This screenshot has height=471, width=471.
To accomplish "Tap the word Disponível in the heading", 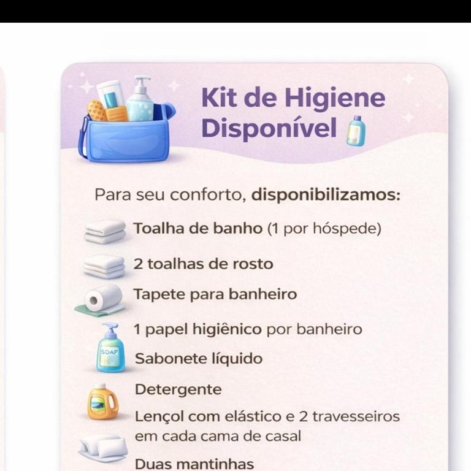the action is [269, 128].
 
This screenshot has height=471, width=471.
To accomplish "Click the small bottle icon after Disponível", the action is [356, 131].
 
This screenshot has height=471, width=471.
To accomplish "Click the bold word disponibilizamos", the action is [326, 195].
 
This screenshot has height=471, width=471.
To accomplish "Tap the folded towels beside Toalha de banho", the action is [105, 231].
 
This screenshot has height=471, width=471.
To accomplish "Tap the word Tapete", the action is [159, 294].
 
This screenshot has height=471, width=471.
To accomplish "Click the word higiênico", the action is [227, 329].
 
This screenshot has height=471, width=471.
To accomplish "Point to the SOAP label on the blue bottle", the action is [109, 352].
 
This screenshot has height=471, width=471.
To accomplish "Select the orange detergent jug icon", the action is [102, 401].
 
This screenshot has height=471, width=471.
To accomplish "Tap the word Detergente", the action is [178, 390].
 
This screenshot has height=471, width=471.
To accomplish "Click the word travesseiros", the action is [356, 416].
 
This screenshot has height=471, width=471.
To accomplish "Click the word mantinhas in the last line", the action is [215, 464].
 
